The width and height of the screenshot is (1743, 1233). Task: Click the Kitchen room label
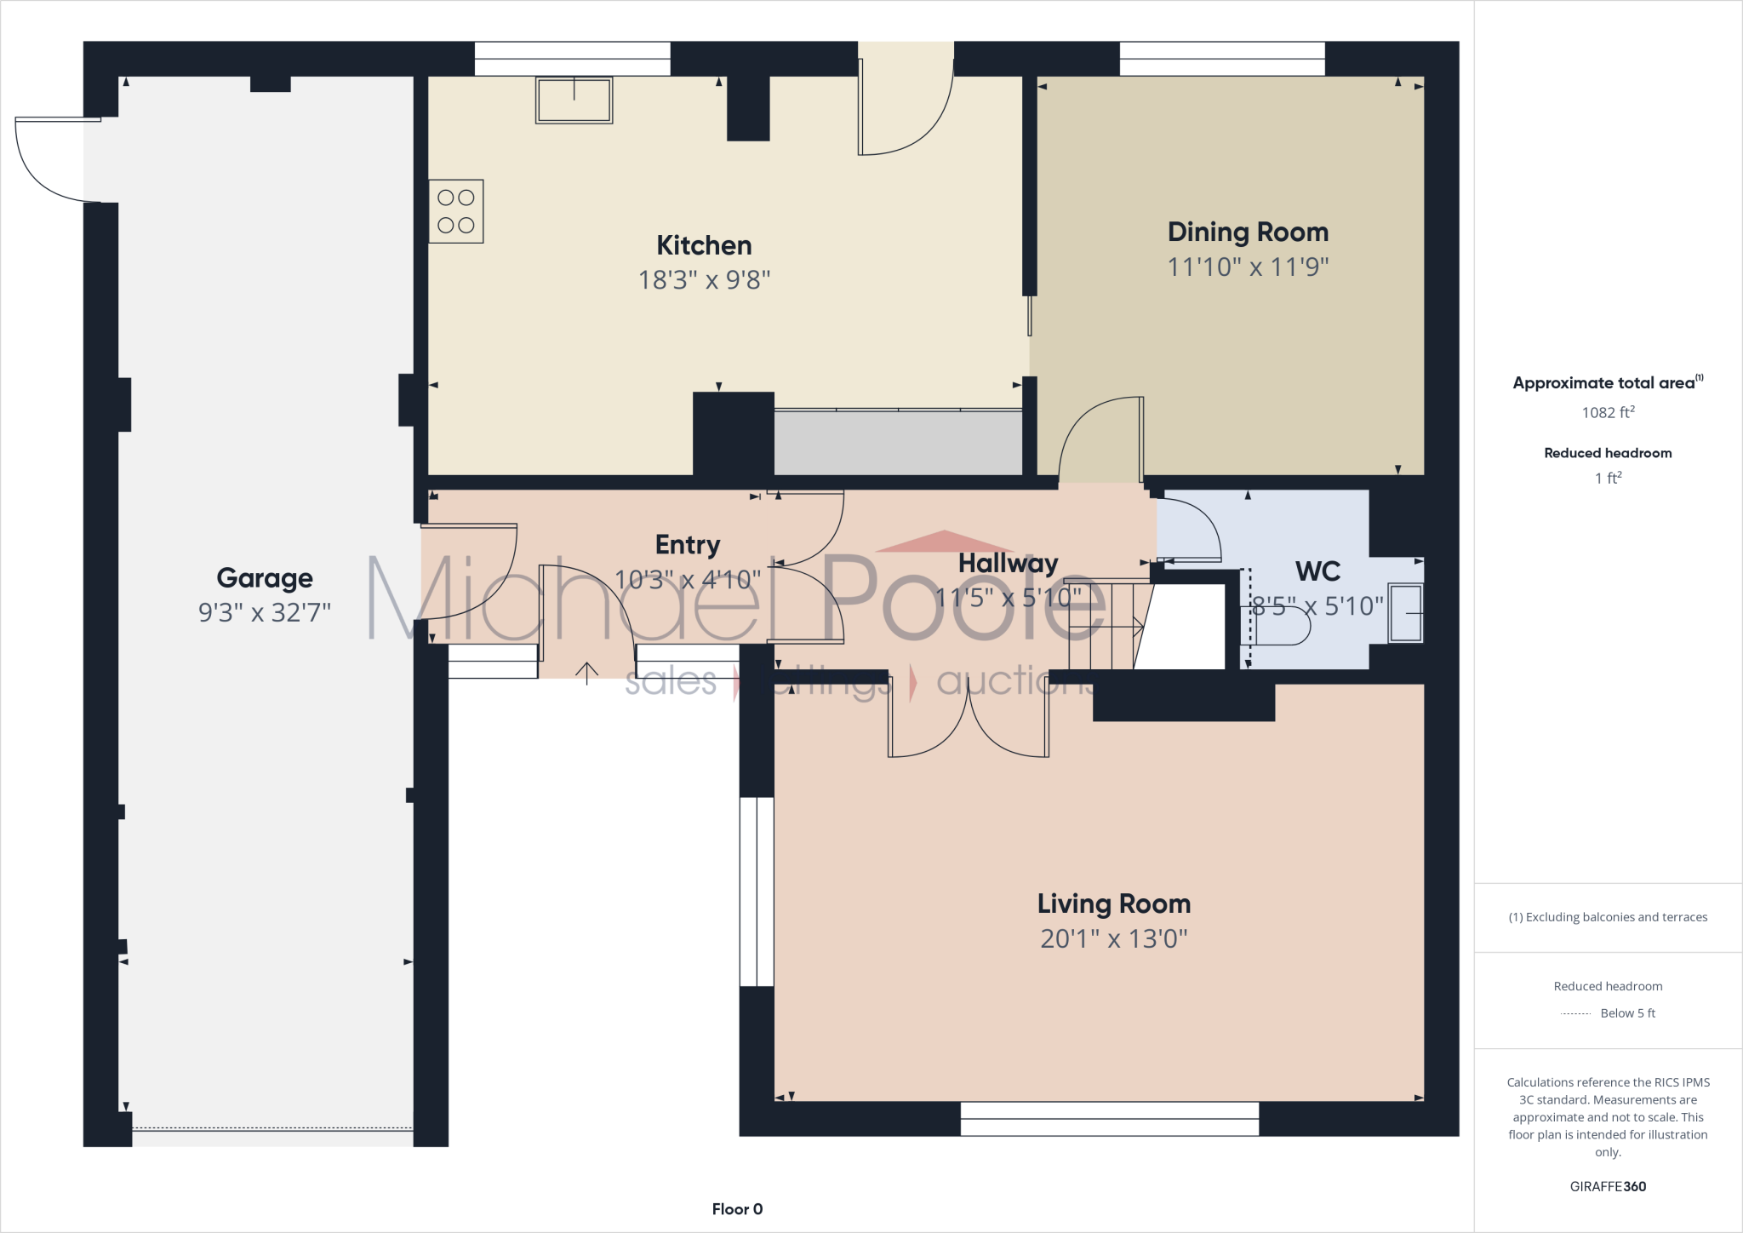click(704, 246)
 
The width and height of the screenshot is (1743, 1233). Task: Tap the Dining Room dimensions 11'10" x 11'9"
click(1247, 267)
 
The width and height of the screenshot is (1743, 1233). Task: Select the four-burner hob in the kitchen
click(456, 211)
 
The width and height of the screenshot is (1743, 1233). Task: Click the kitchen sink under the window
click(574, 100)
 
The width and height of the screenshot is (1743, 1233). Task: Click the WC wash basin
click(1405, 613)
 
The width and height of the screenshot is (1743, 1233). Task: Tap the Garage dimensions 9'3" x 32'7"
click(265, 612)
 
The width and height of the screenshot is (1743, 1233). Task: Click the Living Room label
click(1113, 903)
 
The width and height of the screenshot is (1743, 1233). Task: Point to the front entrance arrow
click(586, 673)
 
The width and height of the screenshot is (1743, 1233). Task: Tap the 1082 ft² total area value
click(1608, 413)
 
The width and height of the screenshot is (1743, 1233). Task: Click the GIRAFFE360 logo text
click(1608, 1186)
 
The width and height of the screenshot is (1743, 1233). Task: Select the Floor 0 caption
click(737, 1209)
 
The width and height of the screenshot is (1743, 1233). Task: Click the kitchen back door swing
click(904, 111)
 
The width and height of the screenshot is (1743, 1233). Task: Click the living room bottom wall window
click(1109, 1119)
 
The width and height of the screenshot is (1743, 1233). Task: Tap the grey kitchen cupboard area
click(897, 443)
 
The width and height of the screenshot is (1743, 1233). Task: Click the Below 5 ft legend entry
click(1626, 1013)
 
